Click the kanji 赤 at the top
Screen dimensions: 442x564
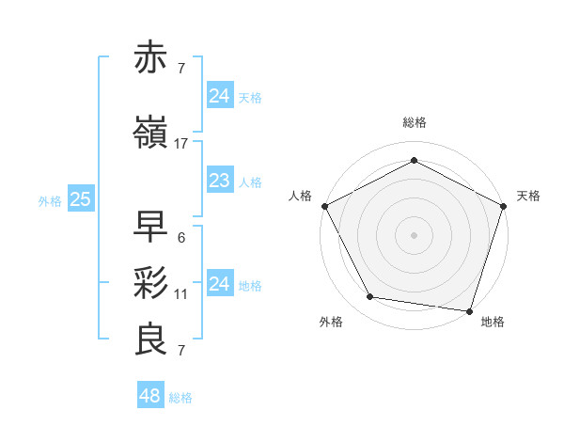tap(151, 58)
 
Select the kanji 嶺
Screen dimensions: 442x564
tap(151, 134)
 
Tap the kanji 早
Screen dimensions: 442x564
tap(151, 227)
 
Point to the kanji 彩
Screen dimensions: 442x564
tap(151, 283)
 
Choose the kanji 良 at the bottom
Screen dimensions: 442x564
tap(151, 339)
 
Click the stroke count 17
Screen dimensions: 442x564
tap(181, 144)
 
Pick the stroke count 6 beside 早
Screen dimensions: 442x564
tap(181, 237)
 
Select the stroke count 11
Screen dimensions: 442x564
tap(181, 294)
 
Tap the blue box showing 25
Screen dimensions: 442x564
tap(80, 199)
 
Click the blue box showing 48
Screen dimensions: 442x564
tap(149, 396)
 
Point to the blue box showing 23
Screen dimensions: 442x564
tap(219, 181)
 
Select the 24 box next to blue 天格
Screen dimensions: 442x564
tap(219, 96)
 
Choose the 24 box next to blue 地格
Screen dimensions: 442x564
tap(219, 284)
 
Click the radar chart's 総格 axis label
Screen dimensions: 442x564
tap(414, 122)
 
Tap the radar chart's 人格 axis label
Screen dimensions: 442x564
tap(301, 196)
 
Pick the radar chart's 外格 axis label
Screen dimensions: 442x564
tap(331, 323)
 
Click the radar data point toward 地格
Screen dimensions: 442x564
tap(469, 310)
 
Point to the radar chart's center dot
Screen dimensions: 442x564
tap(414, 234)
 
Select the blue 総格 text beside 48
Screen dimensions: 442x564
tap(180, 398)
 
